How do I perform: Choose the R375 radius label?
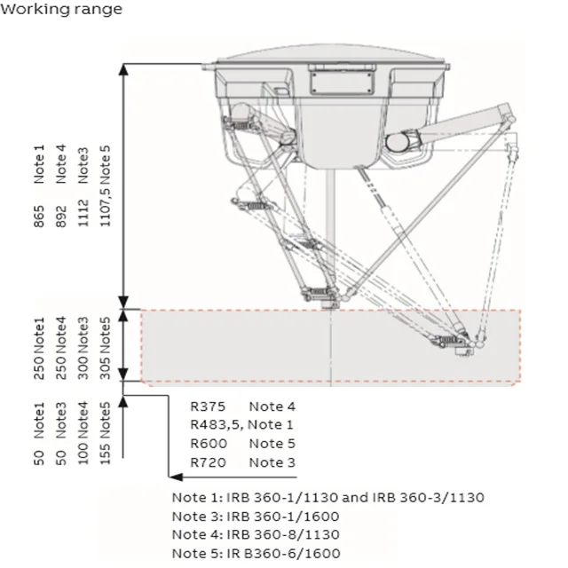click(x=209, y=406)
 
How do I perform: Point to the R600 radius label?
click(x=209, y=444)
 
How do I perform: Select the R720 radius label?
click(x=209, y=462)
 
